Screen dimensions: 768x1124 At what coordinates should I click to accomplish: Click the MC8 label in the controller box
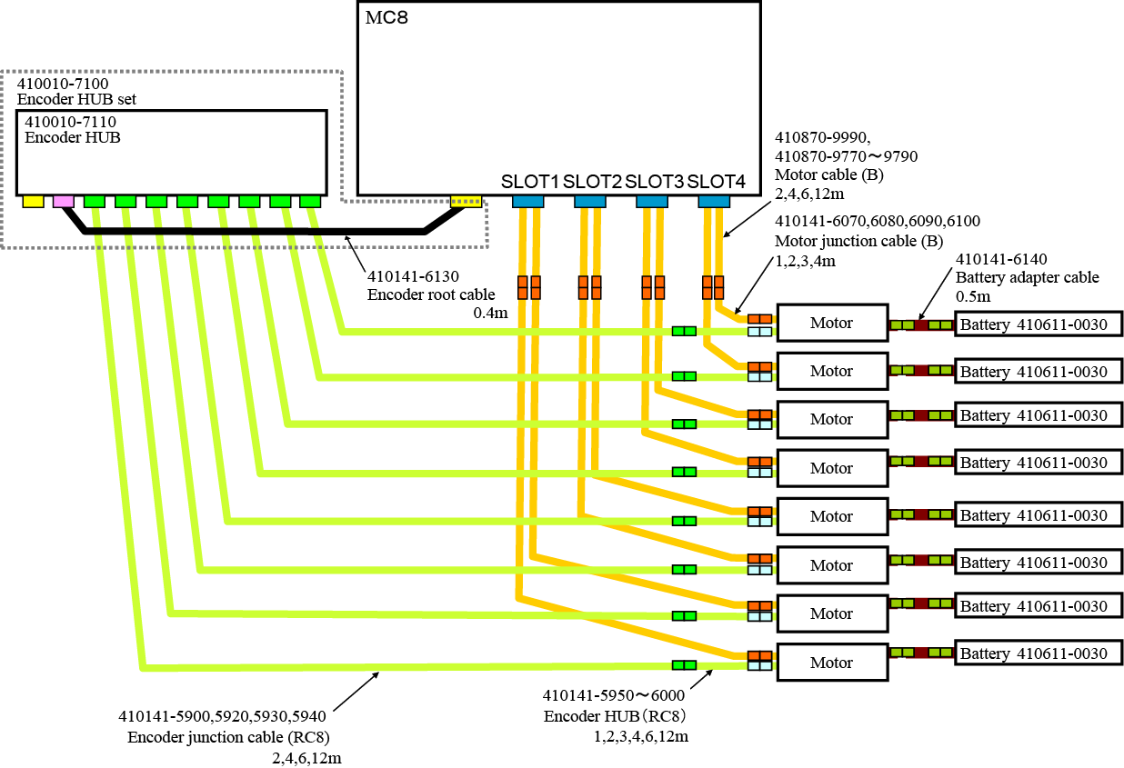coord(386,18)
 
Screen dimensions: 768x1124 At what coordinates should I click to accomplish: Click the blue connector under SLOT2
coord(589,201)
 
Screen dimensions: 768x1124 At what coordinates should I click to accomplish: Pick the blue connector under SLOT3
coord(651,201)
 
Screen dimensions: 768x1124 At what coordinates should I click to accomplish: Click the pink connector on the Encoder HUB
coord(64,201)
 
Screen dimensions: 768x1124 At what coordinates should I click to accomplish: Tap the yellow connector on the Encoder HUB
coord(33,201)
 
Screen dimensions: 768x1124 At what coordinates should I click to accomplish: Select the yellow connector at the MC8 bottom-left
coord(467,201)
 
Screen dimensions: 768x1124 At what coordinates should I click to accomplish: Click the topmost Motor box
coord(831,323)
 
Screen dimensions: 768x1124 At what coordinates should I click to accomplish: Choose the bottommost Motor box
coord(831,663)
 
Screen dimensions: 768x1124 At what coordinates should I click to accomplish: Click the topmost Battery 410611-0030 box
coord(1038,324)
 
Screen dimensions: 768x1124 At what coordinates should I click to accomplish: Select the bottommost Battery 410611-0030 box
coord(1038,653)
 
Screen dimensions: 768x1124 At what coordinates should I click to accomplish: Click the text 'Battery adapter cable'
coord(1027,277)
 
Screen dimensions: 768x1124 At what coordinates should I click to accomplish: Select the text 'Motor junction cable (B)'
coord(858,241)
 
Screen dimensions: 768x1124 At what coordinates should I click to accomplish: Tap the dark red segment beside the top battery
coord(921,324)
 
